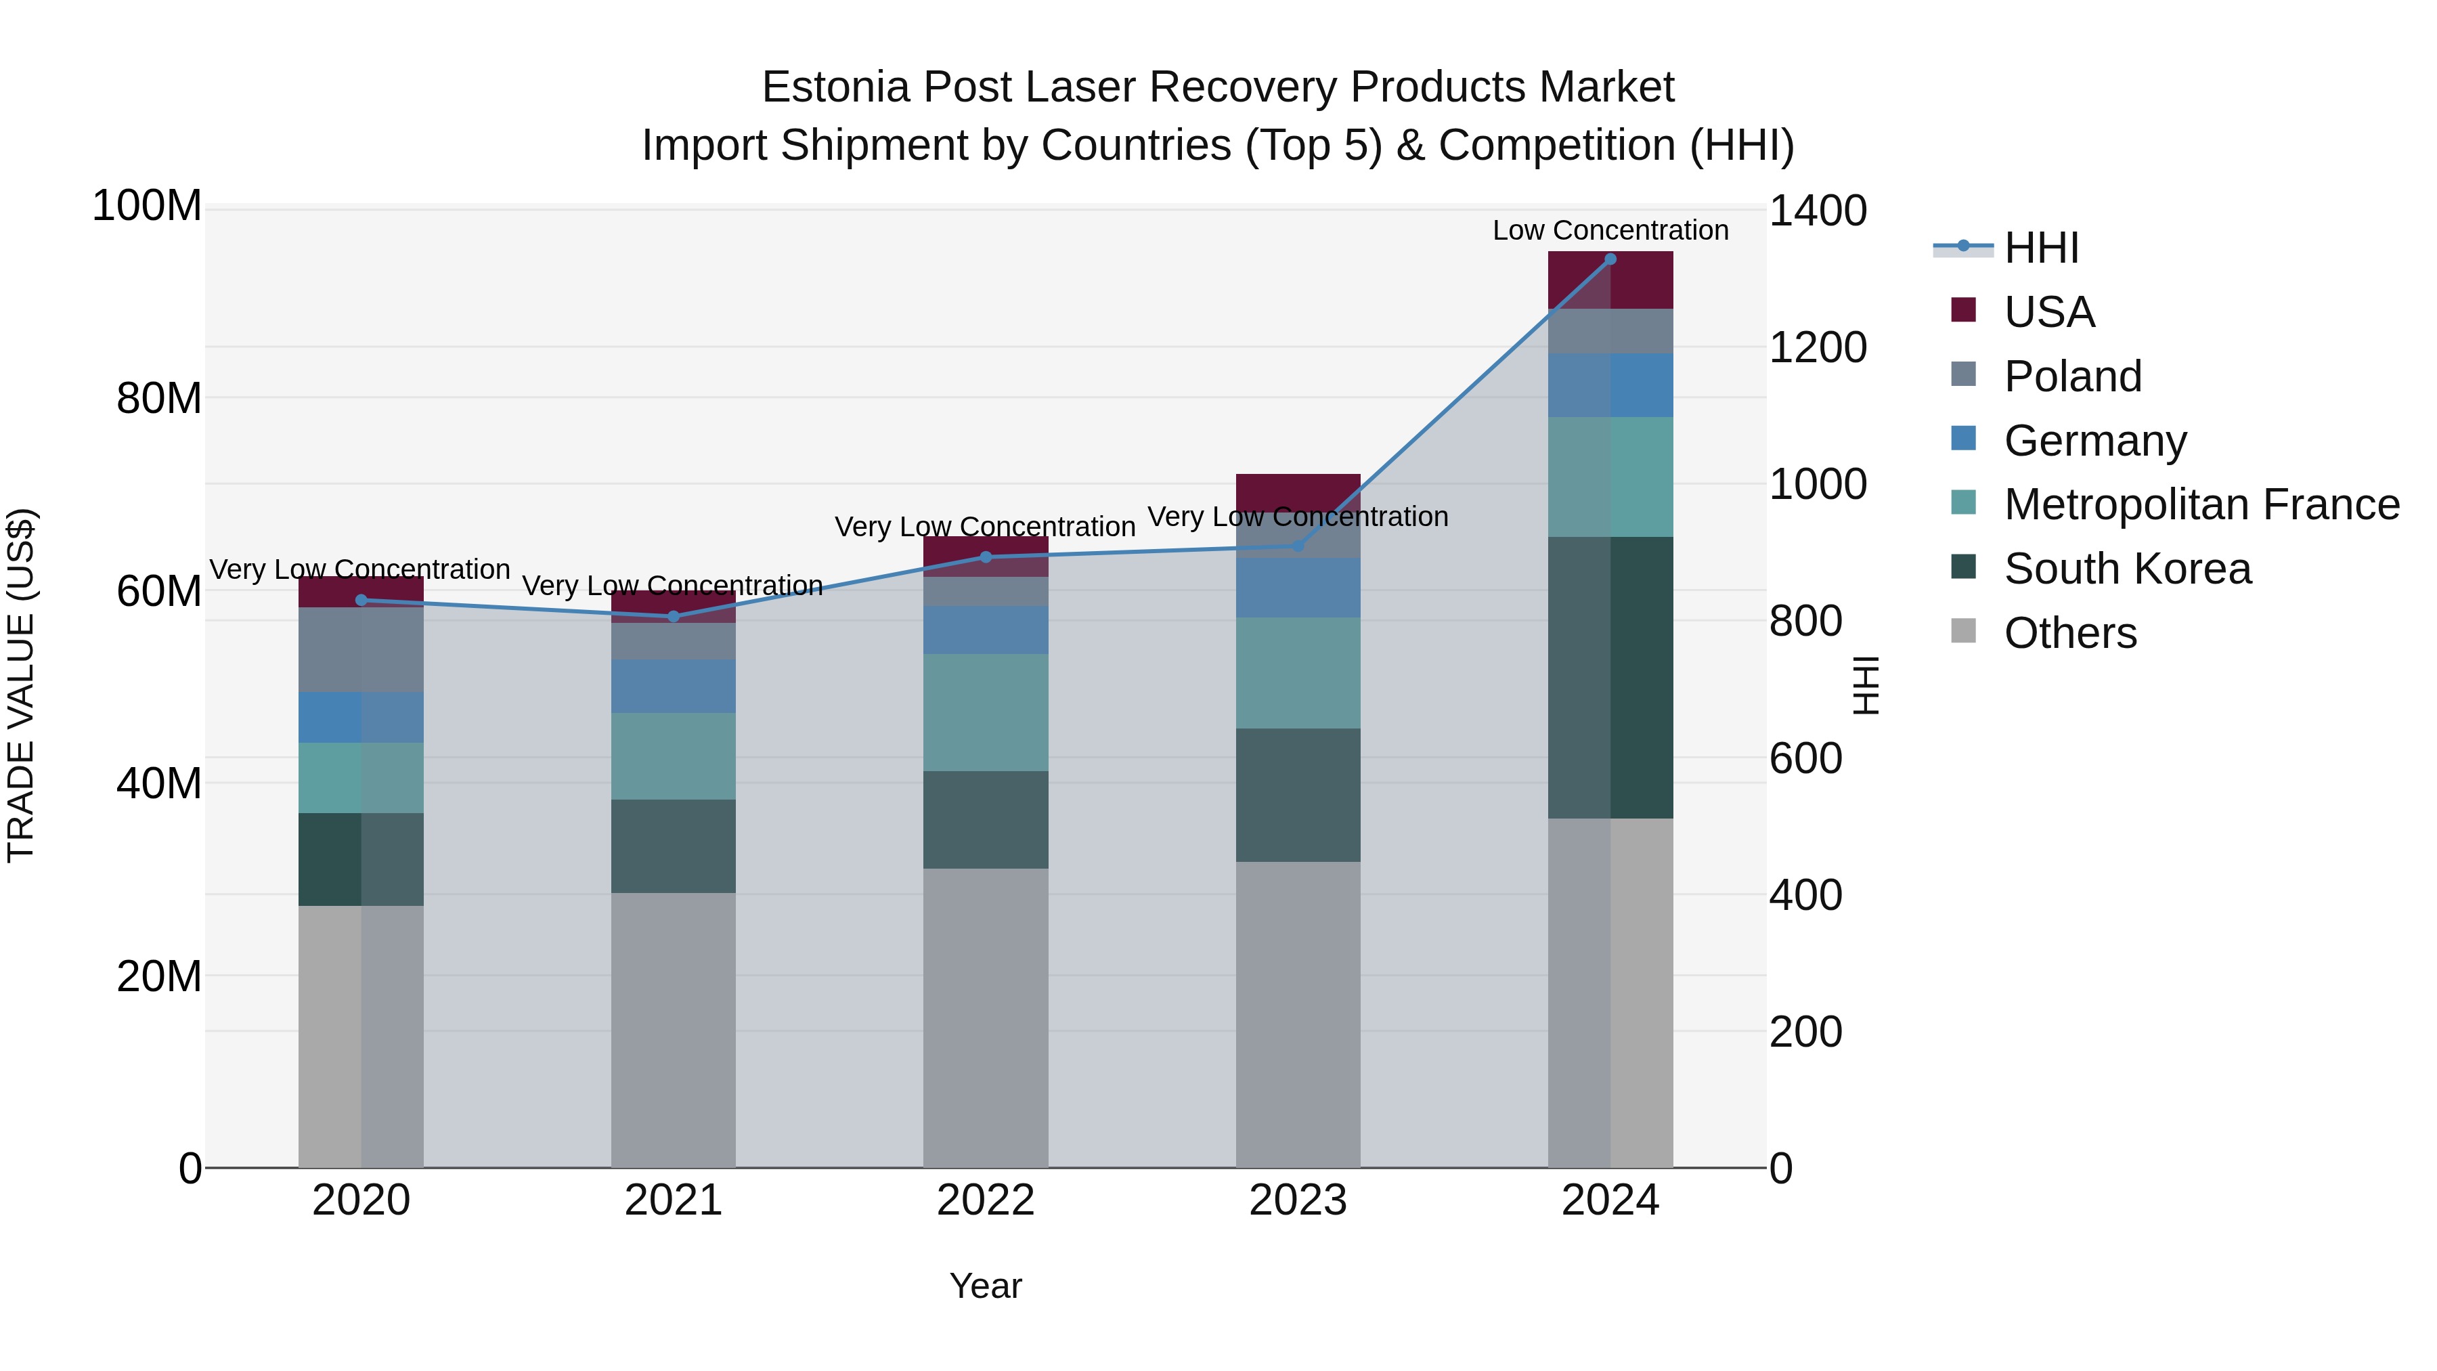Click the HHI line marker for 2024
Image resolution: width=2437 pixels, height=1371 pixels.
click(1610, 259)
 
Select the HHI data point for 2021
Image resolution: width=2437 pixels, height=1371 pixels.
click(674, 616)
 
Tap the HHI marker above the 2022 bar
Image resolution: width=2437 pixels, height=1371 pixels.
click(986, 557)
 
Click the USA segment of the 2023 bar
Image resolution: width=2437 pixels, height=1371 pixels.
click(1298, 490)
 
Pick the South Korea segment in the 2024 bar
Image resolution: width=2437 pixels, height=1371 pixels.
click(1610, 678)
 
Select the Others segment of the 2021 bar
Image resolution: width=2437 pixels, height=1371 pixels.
click(674, 1029)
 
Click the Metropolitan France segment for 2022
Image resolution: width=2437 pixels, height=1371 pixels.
click(986, 712)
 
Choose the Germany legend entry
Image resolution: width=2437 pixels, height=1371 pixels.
click(2094, 441)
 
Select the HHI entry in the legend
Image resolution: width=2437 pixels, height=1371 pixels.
click(2040, 248)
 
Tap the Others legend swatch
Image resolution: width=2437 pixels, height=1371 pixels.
click(1963, 631)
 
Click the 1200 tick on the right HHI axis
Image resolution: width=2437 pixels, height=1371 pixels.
click(1816, 347)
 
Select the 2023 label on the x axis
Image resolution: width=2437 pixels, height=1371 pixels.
click(1298, 1200)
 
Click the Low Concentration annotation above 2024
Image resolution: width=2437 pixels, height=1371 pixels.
click(1610, 230)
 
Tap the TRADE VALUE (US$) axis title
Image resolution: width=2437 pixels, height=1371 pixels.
click(22, 685)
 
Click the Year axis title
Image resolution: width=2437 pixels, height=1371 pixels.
click(985, 1286)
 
